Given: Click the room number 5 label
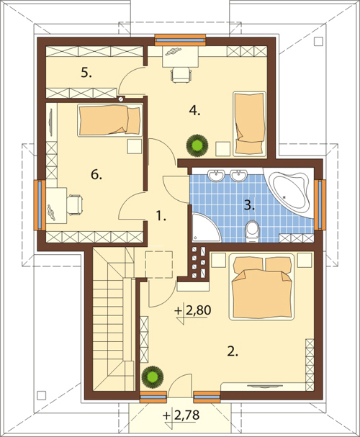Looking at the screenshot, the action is point(86,73).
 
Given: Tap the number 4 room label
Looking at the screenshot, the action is point(194,111).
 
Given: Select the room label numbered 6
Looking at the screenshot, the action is point(96,175).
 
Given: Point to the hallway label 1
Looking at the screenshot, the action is point(161,216).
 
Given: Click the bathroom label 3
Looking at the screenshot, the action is point(249,205).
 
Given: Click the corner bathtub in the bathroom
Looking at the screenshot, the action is point(289,192).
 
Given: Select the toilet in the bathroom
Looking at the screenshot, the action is point(253,231).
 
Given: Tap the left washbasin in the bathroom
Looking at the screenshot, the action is point(216,175).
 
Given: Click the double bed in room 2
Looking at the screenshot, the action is point(261,287).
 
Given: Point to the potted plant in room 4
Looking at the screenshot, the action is point(197,145).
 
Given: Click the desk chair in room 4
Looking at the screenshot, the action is point(181,75).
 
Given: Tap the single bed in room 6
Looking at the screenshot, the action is point(109,120).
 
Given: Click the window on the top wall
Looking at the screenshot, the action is point(180,40).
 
